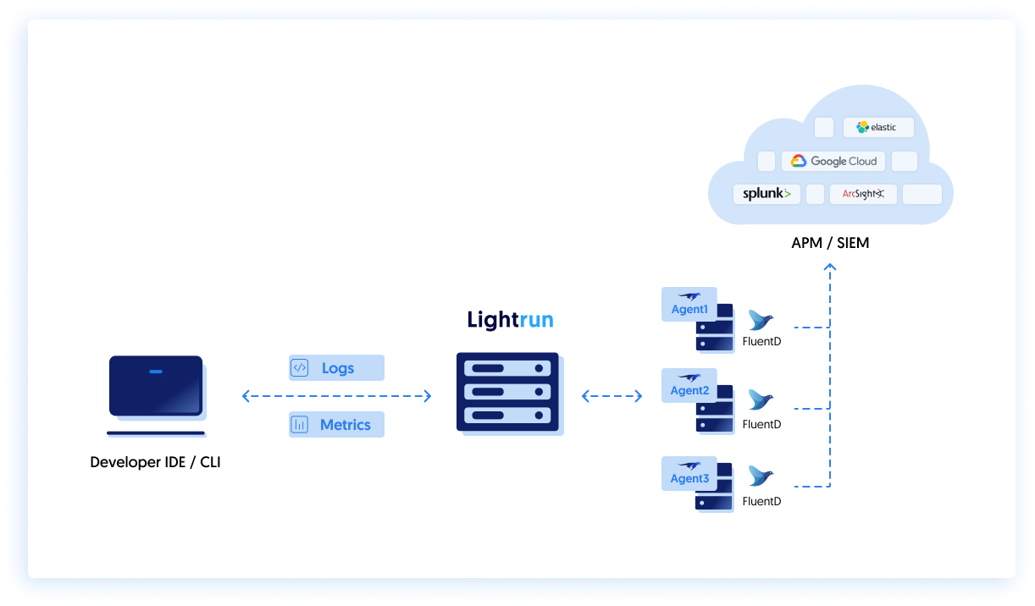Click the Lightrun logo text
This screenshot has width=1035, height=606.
(x=511, y=320)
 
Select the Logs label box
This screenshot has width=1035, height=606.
(x=336, y=368)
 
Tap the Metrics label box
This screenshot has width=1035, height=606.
(x=336, y=425)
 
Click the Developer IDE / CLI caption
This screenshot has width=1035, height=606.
(x=155, y=463)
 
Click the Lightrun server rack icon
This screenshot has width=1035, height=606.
(x=508, y=393)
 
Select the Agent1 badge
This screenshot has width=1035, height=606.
(x=689, y=305)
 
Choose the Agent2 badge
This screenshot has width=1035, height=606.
(x=689, y=386)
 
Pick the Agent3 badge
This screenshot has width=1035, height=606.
(x=689, y=474)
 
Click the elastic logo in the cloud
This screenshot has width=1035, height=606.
(x=877, y=128)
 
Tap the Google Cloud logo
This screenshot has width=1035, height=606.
(x=833, y=161)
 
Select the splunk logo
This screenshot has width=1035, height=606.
(x=767, y=194)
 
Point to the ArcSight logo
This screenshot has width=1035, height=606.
(x=863, y=194)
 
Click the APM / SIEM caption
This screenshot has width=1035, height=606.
(x=830, y=244)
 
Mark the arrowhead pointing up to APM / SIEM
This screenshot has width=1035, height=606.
(x=830, y=268)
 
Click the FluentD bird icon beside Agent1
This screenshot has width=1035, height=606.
(x=761, y=321)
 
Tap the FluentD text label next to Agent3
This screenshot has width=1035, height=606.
(x=761, y=501)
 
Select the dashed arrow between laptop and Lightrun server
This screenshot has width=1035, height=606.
(x=336, y=396)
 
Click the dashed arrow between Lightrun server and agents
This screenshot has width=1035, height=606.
(x=612, y=396)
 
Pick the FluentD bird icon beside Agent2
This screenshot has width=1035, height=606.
(x=761, y=400)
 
